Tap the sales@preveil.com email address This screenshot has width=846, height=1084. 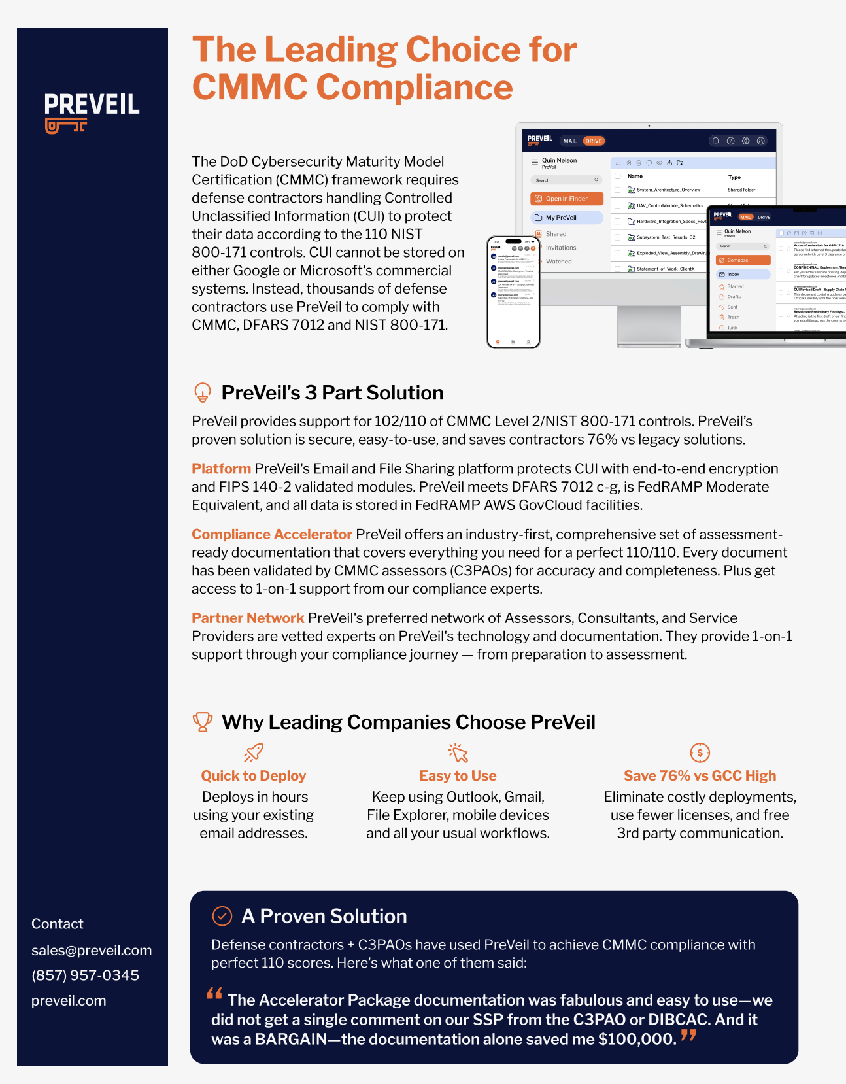(x=92, y=950)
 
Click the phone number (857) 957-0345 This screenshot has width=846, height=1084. (x=85, y=975)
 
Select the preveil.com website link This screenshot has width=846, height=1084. (x=69, y=1000)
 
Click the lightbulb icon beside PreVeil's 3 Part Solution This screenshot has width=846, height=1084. (x=203, y=392)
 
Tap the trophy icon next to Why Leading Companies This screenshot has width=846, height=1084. (x=203, y=722)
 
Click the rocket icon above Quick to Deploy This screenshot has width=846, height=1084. (x=254, y=753)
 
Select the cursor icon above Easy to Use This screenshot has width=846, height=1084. (x=458, y=753)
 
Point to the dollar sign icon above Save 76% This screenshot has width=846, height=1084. (x=700, y=753)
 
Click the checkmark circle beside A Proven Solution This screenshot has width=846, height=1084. (x=222, y=916)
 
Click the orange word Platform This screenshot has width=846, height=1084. (x=221, y=469)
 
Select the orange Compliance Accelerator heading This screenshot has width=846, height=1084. (x=271, y=534)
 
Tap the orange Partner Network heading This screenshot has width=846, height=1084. (x=248, y=618)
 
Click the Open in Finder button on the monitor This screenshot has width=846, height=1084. (x=566, y=199)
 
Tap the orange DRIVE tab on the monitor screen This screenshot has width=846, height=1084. (x=594, y=141)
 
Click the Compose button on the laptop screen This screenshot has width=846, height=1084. (x=743, y=260)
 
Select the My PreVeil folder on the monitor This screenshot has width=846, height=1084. (x=566, y=218)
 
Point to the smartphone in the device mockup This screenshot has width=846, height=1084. (x=513, y=292)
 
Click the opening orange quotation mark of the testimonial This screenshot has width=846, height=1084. (x=214, y=994)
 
